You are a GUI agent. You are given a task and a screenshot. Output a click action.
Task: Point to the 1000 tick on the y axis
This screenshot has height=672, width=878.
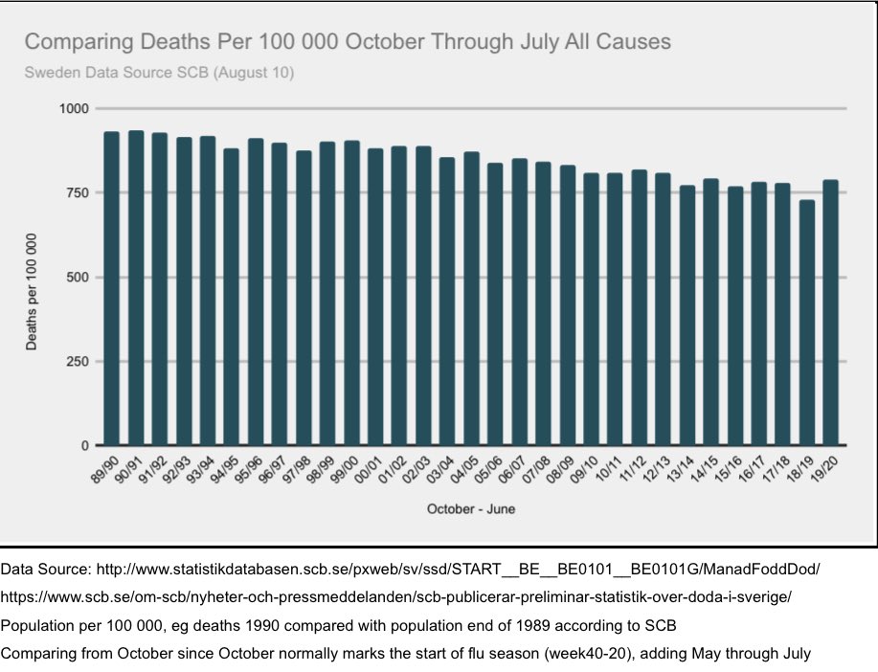[73, 109]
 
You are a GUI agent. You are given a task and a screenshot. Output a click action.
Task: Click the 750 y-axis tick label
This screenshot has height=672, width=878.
[77, 193]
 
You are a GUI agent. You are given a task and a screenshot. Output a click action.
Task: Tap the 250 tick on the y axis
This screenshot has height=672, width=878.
[77, 362]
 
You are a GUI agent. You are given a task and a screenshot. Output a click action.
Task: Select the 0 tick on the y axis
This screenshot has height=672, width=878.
[84, 446]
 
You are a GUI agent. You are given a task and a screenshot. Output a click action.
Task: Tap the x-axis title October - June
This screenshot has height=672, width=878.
[470, 509]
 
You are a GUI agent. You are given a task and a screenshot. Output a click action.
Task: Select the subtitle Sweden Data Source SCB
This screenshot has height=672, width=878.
[159, 72]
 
